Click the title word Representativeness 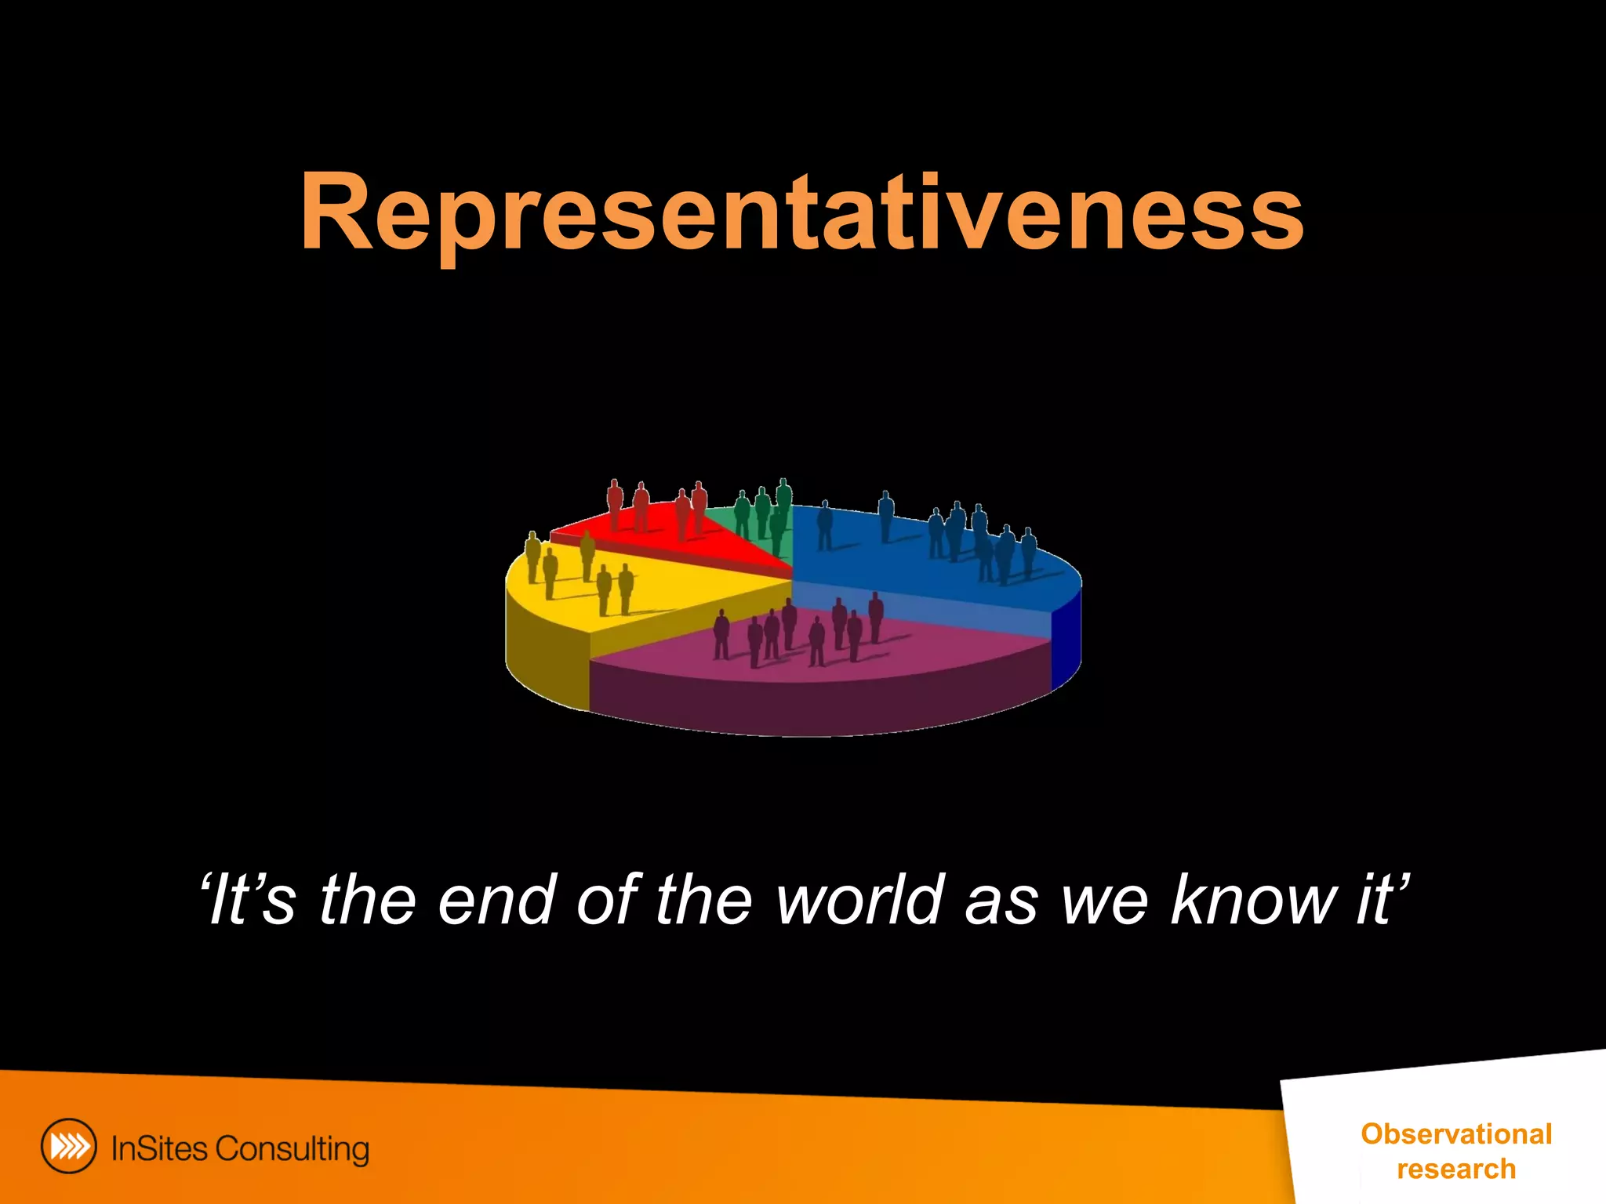(x=801, y=213)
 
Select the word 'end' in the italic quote (x=495, y=900)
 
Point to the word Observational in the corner (x=1456, y=1134)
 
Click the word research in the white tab (x=1456, y=1169)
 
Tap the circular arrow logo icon (x=69, y=1146)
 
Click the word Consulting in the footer (x=292, y=1149)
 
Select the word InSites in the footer (x=159, y=1148)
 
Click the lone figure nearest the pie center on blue (x=825, y=525)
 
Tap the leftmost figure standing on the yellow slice (x=533, y=557)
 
